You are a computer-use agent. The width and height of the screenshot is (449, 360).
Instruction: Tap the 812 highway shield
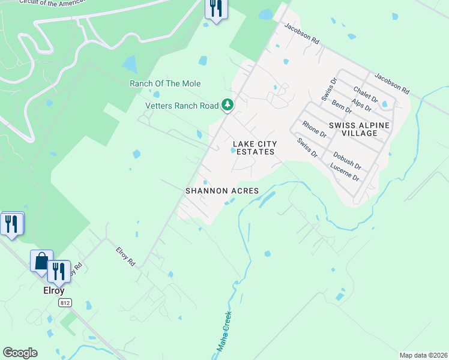pos(65,304)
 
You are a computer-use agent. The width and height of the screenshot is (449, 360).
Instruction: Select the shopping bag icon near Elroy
pos(41,262)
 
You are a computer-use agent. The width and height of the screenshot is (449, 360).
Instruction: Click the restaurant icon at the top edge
pos(215,8)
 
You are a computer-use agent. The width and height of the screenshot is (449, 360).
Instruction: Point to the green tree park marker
pos(228,105)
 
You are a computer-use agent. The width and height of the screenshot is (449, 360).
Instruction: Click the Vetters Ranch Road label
pos(182,106)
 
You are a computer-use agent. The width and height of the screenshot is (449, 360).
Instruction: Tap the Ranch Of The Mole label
pos(165,83)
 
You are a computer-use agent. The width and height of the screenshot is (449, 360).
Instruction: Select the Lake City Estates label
pos(255,148)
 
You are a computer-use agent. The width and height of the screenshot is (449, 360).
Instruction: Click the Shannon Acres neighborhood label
pos(222,191)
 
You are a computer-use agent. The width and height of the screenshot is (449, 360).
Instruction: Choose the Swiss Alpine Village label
pos(359,128)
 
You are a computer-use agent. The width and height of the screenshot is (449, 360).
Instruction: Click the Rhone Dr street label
pos(314,130)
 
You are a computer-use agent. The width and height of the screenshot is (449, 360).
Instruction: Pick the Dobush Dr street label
pos(347,160)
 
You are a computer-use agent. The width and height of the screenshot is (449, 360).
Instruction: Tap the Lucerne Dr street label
pos(345,173)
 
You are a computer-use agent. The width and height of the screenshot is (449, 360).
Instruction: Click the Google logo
pos(20,353)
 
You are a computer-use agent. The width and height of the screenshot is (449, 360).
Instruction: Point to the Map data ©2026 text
pos(423,355)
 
